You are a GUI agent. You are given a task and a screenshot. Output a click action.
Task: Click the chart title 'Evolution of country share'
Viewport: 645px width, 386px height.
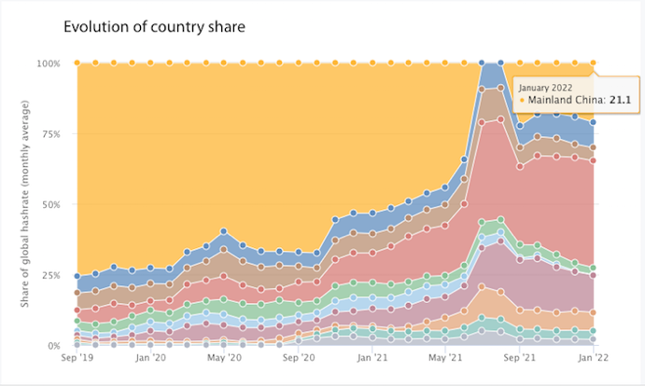click(154, 26)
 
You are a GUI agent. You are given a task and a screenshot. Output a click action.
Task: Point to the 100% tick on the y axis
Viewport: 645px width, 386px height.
click(47, 63)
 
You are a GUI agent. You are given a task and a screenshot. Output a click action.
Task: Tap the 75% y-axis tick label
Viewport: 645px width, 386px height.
click(49, 133)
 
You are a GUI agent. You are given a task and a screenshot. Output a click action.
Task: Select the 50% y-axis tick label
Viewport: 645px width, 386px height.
click(49, 204)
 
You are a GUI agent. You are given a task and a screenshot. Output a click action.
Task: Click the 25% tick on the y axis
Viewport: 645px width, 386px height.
click(49, 275)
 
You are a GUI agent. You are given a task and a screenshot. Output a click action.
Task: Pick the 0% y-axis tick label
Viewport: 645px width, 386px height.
click(52, 346)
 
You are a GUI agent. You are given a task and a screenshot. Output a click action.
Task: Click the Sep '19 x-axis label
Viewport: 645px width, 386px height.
click(77, 357)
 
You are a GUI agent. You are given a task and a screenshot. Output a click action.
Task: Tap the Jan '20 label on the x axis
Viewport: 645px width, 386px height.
click(150, 357)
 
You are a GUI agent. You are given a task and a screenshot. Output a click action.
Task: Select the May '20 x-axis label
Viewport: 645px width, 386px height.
click(224, 357)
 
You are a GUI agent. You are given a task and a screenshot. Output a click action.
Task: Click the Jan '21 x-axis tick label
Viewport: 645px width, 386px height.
click(372, 357)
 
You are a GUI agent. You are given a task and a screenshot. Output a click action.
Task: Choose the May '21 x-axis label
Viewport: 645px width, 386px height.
click(445, 357)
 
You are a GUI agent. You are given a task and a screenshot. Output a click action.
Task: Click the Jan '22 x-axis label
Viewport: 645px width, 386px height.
click(593, 357)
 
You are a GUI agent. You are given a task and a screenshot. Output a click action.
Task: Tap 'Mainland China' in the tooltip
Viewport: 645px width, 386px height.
click(568, 99)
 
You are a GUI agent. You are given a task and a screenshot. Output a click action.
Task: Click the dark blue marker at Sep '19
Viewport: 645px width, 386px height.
click(77, 276)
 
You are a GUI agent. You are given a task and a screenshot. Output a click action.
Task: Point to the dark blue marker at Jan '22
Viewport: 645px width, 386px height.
click(594, 122)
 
